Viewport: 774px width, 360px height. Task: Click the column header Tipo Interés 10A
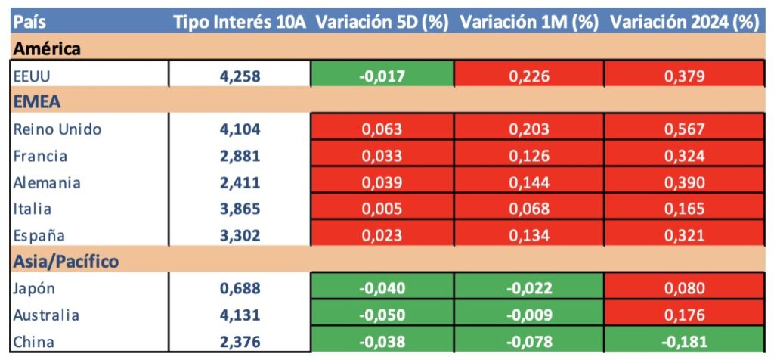tap(239, 22)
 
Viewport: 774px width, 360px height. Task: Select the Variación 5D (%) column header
tap(382, 22)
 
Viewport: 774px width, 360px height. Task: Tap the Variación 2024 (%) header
tap(684, 22)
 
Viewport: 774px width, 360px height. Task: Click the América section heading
tap(47, 49)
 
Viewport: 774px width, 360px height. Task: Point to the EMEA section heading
tap(36, 102)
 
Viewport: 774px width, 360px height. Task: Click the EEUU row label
tap(31, 76)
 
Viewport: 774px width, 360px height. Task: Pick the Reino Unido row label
tap(57, 129)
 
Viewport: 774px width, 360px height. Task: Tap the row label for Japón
tap(34, 288)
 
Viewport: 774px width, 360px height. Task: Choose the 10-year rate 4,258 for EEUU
tap(240, 76)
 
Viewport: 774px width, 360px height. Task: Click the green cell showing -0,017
tap(382, 76)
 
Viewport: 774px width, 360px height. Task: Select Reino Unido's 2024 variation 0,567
tap(684, 129)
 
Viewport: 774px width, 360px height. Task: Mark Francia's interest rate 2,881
tap(240, 156)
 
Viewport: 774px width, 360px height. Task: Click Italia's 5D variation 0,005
tap(382, 209)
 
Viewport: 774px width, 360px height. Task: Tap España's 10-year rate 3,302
tap(240, 235)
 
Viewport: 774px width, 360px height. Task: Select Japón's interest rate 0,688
tap(240, 288)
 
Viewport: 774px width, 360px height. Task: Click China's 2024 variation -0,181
tap(684, 341)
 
